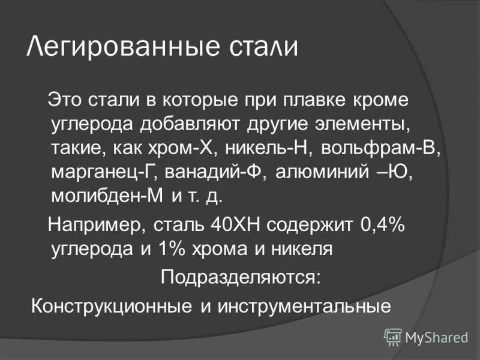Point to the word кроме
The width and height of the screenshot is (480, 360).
tap(381, 101)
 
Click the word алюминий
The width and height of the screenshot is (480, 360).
tap(322, 172)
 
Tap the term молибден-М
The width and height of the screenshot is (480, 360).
tap(107, 196)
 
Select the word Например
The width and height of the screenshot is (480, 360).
tap(98, 226)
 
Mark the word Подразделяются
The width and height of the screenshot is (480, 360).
tap(241, 278)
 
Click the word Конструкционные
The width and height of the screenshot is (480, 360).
tap(112, 306)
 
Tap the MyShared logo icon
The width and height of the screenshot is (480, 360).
tap(392, 338)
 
